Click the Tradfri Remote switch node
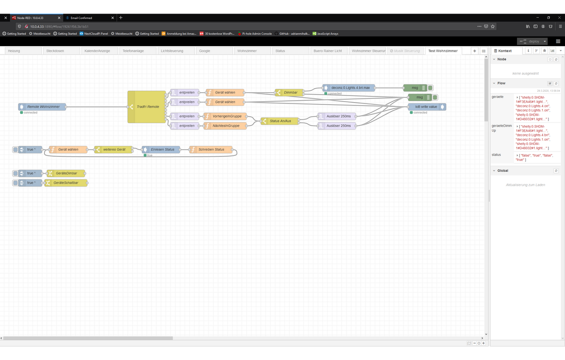click(147, 107)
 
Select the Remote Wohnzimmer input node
click(43, 107)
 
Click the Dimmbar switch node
click(290, 93)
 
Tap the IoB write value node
click(426, 107)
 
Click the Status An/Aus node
click(280, 121)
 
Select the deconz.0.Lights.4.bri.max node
click(349, 88)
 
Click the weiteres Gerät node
click(114, 150)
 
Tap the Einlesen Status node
click(161, 150)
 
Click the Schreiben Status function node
click(210, 150)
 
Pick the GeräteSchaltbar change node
click(66, 183)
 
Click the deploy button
click(532, 41)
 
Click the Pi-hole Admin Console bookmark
click(257, 34)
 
